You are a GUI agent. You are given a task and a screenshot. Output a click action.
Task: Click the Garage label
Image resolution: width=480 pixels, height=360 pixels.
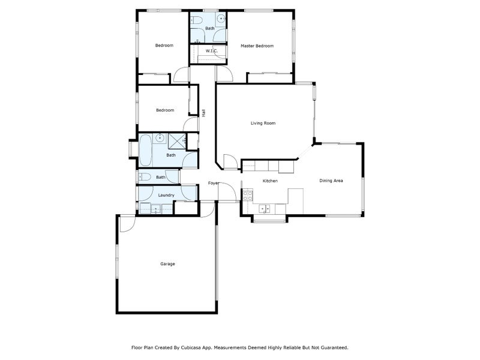pyautogui.click(x=167, y=264)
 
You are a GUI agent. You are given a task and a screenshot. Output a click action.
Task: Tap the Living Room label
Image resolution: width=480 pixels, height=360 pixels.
pyautogui.click(x=263, y=123)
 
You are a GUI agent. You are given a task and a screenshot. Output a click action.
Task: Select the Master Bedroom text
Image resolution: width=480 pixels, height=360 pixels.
pyautogui.click(x=257, y=46)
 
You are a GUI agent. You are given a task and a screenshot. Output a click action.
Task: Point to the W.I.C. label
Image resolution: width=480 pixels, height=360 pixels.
pyautogui.click(x=211, y=51)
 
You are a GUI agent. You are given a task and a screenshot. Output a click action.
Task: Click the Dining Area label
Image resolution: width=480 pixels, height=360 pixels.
pyautogui.click(x=331, y=181)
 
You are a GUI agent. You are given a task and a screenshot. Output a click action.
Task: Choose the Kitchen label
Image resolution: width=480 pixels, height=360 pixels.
pyautogui.click(x=270, y=181)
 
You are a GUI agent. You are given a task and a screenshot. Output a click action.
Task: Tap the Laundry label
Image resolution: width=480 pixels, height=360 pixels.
pyautogui.click(x=166, y=195)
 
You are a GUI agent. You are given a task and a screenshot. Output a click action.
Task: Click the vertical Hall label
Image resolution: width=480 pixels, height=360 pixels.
pyautogui.click(x=204, y=112)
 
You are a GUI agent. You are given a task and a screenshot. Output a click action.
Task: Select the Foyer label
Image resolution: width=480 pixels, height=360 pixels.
pyautogui.click(x=214, y=183)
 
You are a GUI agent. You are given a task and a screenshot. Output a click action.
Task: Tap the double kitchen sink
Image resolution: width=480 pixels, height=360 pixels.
pyautogui.click(x=264, y=209)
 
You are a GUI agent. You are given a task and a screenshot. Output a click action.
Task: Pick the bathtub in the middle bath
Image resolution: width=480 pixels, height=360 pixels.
pyautogui.click(x=145, y=150)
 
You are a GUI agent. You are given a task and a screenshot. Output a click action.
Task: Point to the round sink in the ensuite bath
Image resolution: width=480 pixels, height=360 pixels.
pyautogui.click(x=221, y=19)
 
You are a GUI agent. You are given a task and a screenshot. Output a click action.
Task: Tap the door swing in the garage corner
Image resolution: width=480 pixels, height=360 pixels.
pyautogui.click(x=126, y=223)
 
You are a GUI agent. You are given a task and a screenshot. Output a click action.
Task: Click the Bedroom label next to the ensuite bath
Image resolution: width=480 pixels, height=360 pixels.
pyautogui.click(x=164, y=46)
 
